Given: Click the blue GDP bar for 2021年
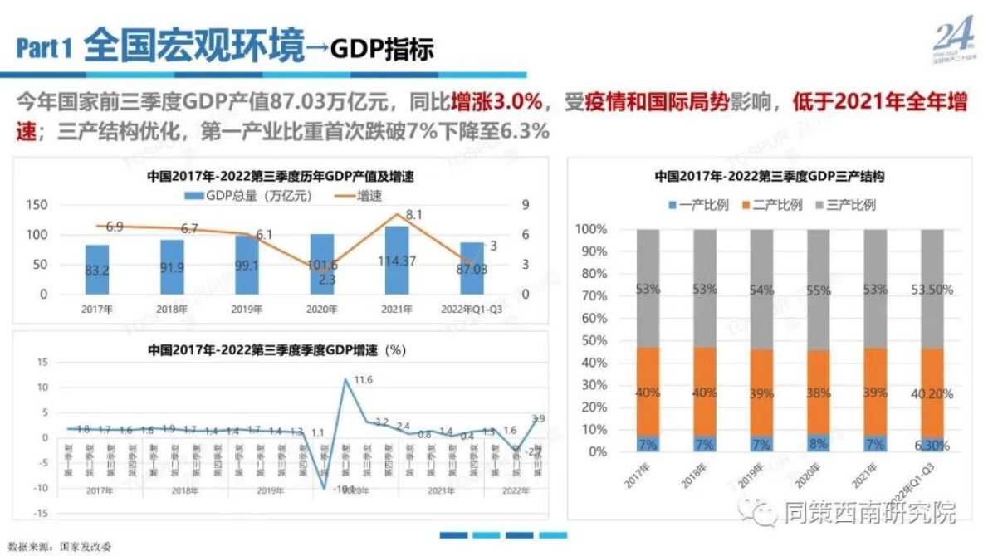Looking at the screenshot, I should coord(397,261).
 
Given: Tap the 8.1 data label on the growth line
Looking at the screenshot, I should coord(415,214).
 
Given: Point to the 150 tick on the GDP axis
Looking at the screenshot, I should coord(59,205).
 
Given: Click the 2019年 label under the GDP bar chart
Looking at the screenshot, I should coord(247,310).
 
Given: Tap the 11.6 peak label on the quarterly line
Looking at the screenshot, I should coord(363,380).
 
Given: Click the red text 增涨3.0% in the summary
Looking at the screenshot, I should coord(496,103).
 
